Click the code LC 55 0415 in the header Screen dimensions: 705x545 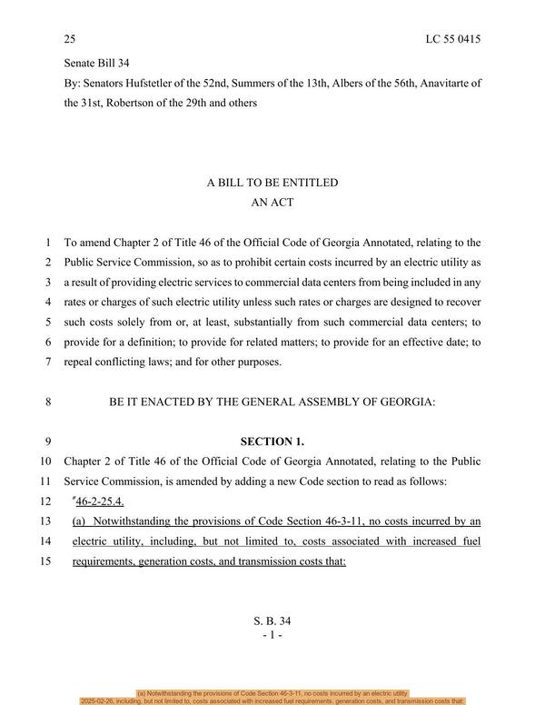pos(452,39)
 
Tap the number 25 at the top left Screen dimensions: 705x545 pos(70,39)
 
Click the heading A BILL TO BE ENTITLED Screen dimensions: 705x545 pos(272,183)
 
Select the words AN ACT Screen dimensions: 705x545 pos(272,203)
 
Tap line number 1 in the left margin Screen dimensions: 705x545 pos(46,243)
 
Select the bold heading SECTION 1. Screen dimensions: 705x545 pos(272,441)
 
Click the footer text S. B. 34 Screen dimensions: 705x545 pos(272,621)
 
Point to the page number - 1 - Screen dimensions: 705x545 pos(272,635)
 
